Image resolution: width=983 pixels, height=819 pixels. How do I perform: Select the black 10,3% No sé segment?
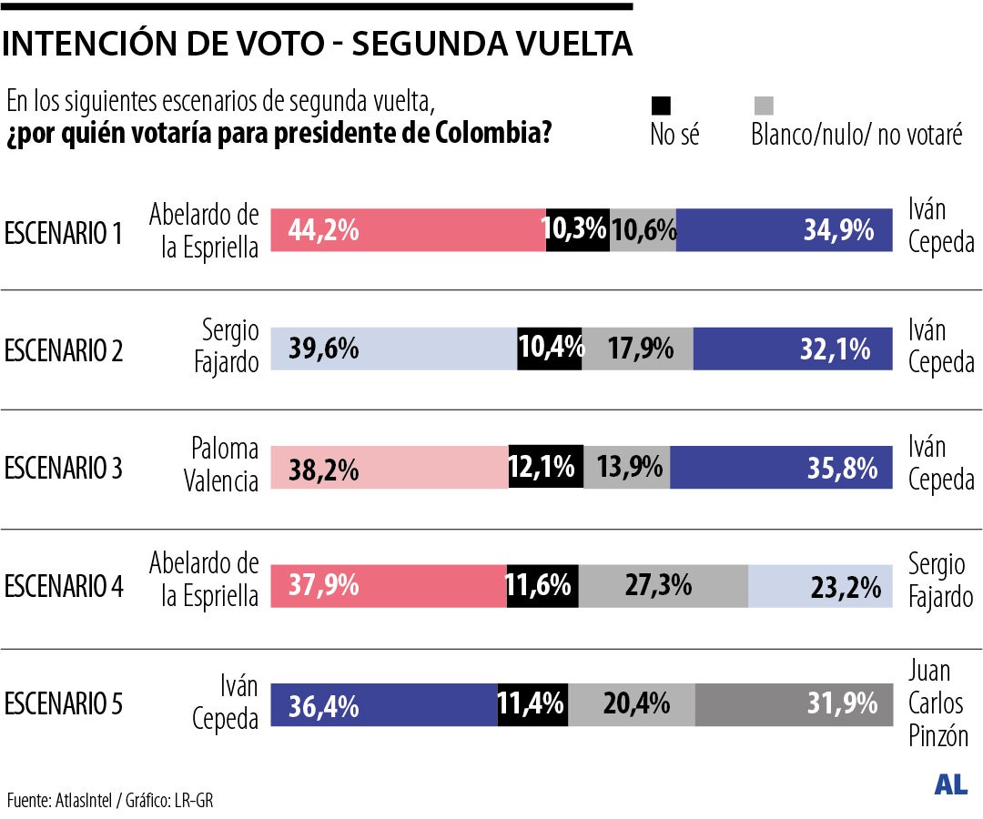point(577,231)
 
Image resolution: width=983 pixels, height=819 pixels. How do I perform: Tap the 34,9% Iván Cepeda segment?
point(784,231)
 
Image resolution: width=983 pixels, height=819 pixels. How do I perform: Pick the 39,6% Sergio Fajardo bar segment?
point(394,349)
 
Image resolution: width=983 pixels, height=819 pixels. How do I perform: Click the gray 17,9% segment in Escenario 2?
point(638,349)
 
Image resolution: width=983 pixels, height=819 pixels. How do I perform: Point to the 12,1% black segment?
point(545,468)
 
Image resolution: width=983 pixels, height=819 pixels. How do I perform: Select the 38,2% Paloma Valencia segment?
point(390,468)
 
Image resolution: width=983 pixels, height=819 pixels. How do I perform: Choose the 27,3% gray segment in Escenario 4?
point(663,586)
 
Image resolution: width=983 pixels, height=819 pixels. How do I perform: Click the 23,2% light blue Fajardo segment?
point(819,586)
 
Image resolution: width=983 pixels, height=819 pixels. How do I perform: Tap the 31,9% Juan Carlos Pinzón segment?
point(794,704)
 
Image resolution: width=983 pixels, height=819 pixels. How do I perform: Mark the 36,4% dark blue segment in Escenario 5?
point(384,704)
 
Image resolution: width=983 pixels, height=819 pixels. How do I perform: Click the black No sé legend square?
point(661,105)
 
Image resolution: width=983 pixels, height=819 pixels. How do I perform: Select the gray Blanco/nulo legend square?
point(764,105)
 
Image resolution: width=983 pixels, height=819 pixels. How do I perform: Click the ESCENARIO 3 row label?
point(64,469)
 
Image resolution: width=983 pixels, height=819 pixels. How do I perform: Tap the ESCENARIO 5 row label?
point(64,704)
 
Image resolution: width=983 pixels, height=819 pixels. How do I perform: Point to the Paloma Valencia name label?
point(225,464)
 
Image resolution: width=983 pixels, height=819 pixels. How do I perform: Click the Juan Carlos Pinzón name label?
point(937,703)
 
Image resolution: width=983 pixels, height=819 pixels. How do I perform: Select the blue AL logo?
point(950,785)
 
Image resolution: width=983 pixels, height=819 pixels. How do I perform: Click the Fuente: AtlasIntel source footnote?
point(110,801)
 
